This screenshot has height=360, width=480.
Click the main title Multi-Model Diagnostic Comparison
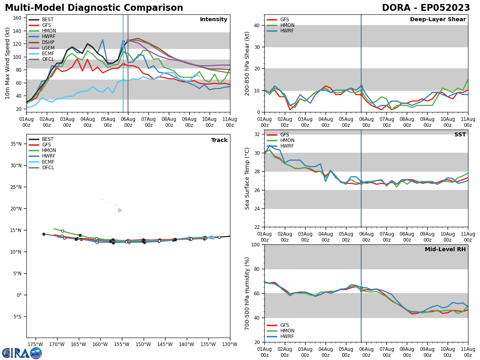click(x=94, y=8)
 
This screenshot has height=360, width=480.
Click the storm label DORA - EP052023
click(x=426, y=8)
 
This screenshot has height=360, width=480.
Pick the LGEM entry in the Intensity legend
click(x=48, y=48)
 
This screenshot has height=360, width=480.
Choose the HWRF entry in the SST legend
click(x=288, y=146)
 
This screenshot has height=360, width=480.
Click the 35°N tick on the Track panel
click(x=18, y=144)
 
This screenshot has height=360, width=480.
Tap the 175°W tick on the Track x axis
click(x=36, y=344)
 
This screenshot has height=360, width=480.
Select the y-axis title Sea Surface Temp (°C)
click(x=248, y=178)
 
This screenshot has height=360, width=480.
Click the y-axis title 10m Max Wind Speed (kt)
click(x=8, y=63)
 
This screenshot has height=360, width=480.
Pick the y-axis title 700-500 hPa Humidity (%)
click(x=248, y=293)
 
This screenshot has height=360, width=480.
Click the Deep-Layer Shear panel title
click(x=438, y=20)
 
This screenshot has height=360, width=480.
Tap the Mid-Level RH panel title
click(x=445, y=250)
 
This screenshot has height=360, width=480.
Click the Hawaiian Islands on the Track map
click(x=119, y=210)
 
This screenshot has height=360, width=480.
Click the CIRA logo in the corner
click(x=22, y=353)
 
